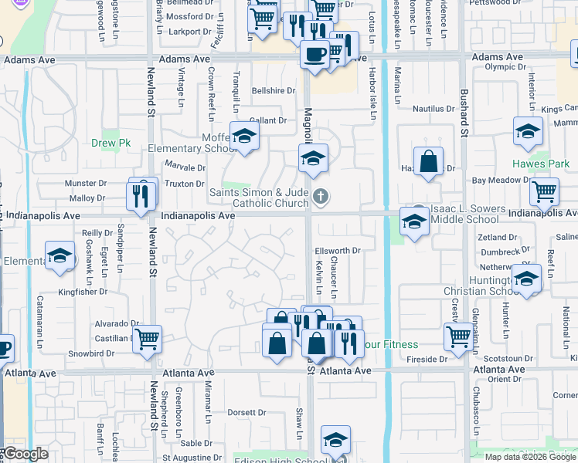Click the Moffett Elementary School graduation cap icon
click(245, 137)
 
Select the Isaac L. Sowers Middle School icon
click(414, 222)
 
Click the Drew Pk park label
click(110, 143)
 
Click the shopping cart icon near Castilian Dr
click(147, 337)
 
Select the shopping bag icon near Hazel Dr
click(428, 161)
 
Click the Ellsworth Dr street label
click(338, 251)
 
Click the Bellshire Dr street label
click(274, 90)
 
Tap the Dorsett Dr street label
click(246, 413)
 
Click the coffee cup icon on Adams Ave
click(314, 54)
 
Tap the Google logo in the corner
click(25, 454)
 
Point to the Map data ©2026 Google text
click(531, 457)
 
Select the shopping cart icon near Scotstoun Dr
click(458, 336)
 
